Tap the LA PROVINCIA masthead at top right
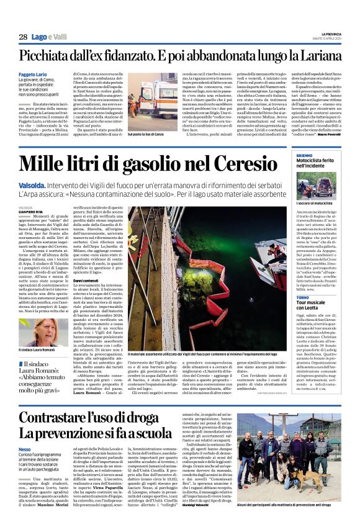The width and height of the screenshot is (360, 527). [336, 34]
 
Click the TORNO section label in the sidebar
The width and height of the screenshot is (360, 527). [303, 315]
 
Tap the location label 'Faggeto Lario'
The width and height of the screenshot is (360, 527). [32, 74]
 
